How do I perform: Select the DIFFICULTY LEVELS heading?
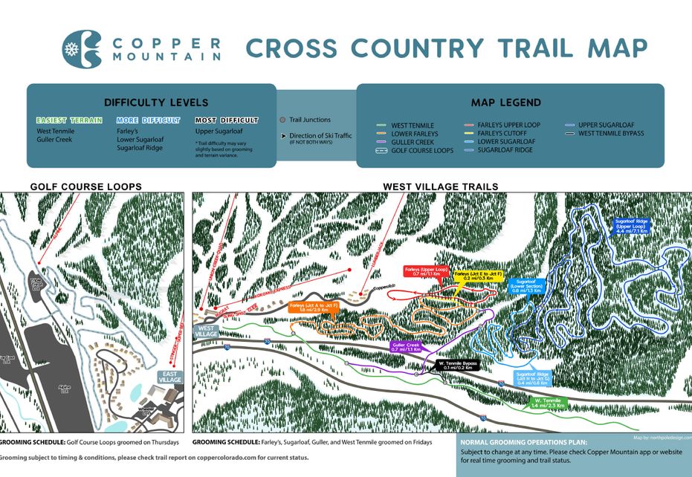(x=156, y=103)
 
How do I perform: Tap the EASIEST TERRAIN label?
(x=68, y=120)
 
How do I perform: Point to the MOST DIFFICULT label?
(x=226, y=120)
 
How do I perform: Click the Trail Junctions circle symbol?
(x=282, y=120)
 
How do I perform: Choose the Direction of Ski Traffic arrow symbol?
(x=283, y=136)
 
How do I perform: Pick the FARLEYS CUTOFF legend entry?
(x=502, y=133)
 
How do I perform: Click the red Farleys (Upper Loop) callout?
(x=424, y=272)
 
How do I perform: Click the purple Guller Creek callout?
(x=406, y=347)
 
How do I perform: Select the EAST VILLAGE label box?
(x=169, y=377)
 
